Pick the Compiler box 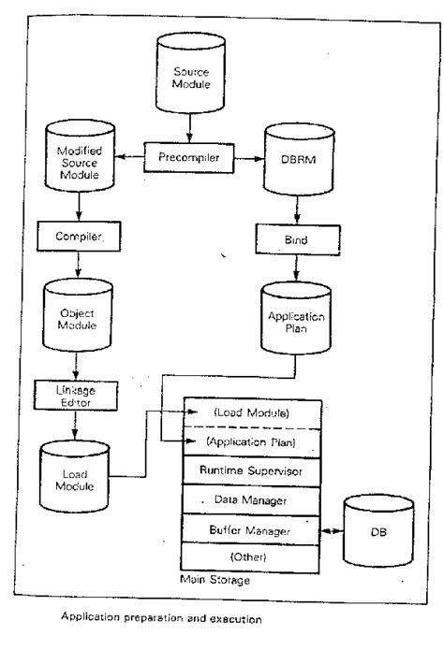pos(81,237)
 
